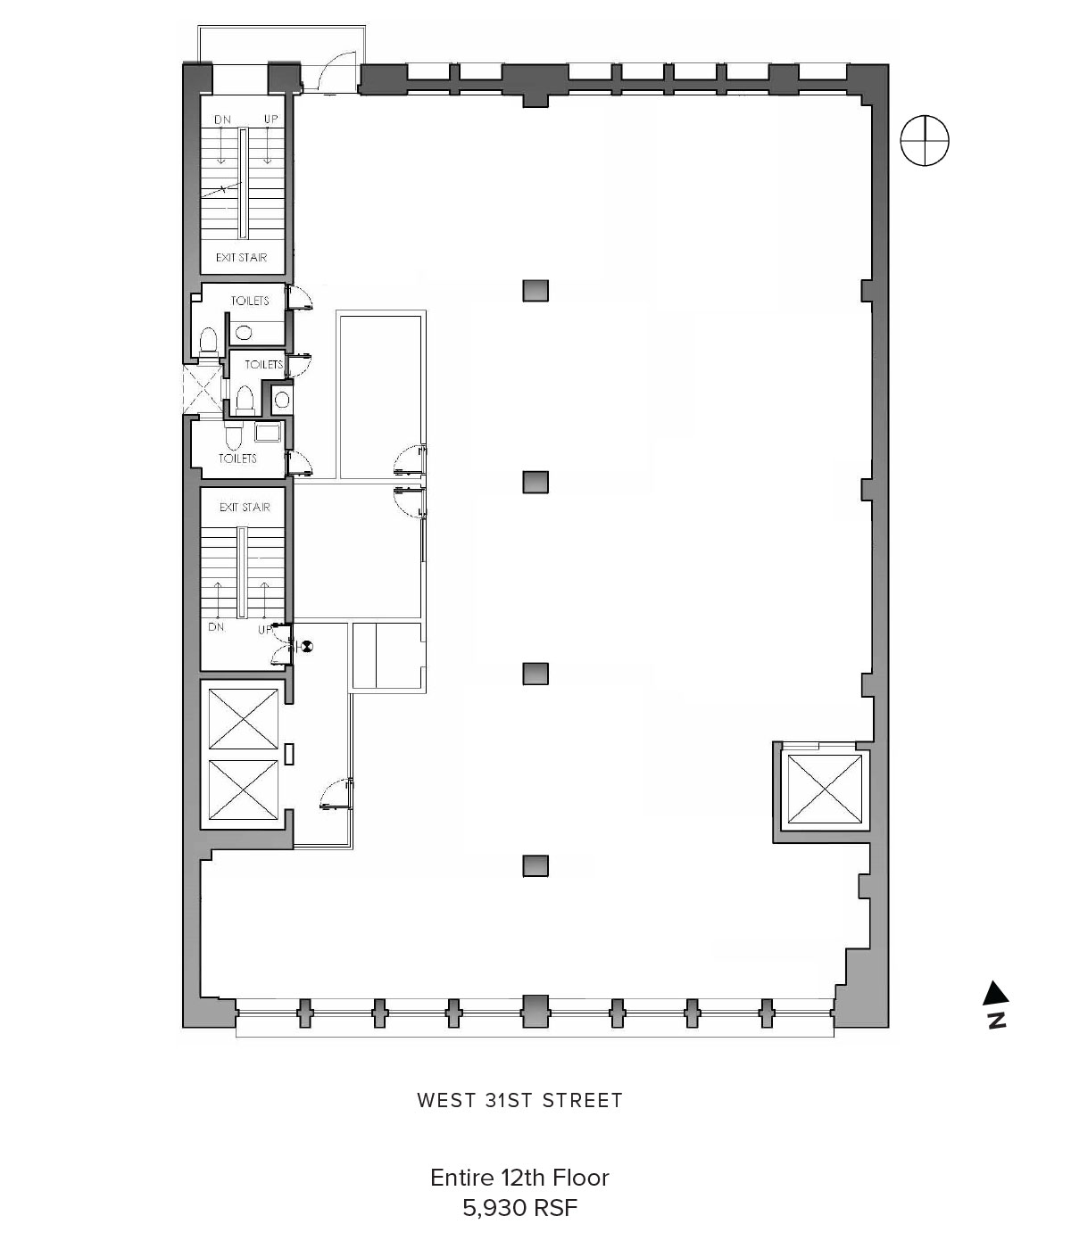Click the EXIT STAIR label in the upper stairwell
point(241,258)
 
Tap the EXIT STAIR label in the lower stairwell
point(245,507)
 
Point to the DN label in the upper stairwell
point(222,120)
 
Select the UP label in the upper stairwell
point(270,119)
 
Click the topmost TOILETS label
point(250,301)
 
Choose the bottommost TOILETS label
point(237,459)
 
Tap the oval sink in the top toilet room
point(244,332)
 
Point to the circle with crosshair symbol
point(925,140)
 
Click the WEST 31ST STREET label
point(519,1100)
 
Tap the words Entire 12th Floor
point(519,1177)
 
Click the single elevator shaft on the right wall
point(825,790)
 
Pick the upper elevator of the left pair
point(243,719)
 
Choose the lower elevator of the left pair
point(243,790)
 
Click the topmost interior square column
point(535,291)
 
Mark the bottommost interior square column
point(535,866)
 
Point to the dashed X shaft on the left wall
point(203,390)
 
